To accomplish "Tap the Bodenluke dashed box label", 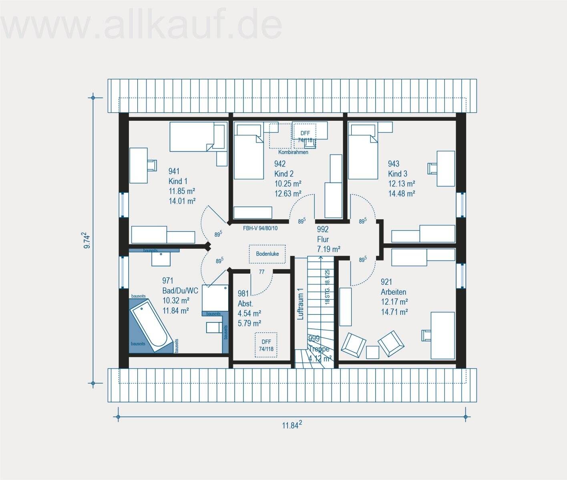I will [x=267, y=254].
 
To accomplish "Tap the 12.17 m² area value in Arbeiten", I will [x=394, y=302].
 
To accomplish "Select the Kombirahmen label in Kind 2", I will [x=294, y=152].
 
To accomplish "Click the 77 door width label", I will [x=261, y=272].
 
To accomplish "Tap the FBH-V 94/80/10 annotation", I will [x=260, y=228].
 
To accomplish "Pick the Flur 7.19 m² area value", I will [x=328, y=249].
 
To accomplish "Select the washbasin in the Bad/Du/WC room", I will [x=161, y=258].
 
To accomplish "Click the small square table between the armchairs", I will [x=372, y=352].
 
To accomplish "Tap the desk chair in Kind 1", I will [x=152, y=165].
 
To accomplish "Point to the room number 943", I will [x=394, y=164].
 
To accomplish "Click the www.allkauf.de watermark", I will [x=142, y=26].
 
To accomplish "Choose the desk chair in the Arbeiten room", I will [x=425, y=335].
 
